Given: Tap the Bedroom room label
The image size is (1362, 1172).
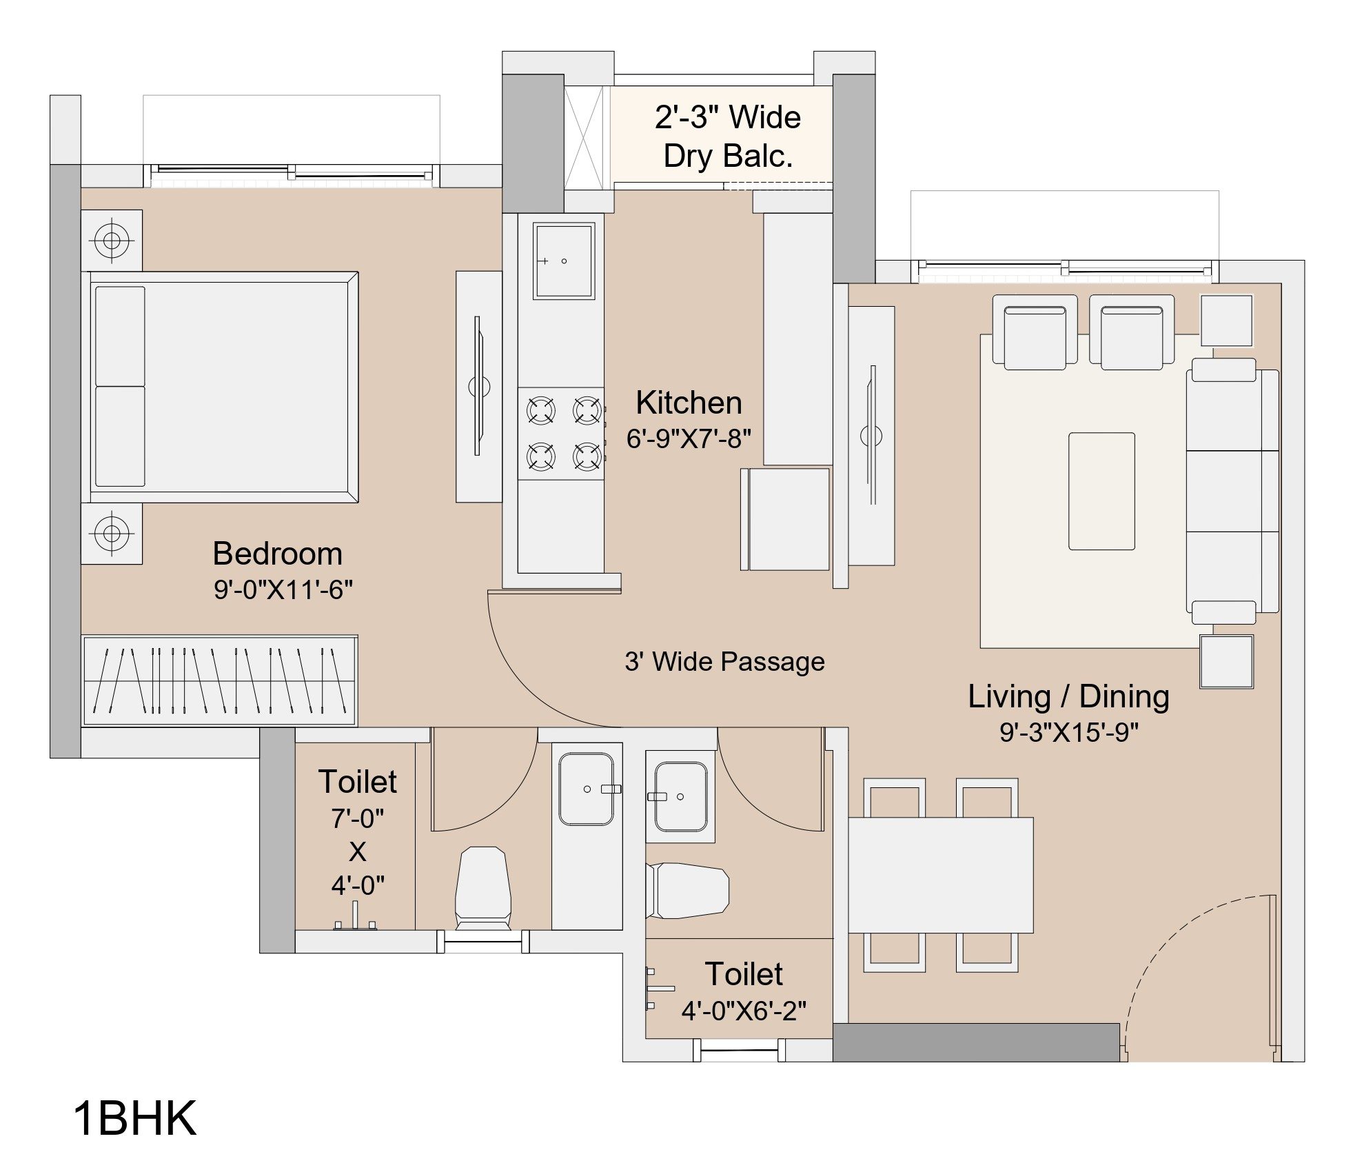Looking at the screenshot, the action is tap(277, 554).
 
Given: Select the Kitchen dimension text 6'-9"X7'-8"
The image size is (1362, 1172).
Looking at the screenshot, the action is tap(689, 438).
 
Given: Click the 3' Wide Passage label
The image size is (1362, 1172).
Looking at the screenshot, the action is tap(724, 662).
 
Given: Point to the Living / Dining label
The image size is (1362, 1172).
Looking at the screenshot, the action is tap(1068, 696).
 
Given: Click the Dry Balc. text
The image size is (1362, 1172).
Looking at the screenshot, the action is tap(728, 156).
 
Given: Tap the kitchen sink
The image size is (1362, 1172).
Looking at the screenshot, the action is tap(563, 261).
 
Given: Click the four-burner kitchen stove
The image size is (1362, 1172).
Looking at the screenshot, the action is tap(561, 434).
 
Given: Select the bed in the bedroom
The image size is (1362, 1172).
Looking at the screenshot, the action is tap(220, 387).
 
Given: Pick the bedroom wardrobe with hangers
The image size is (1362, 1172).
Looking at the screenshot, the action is tap(219, 680).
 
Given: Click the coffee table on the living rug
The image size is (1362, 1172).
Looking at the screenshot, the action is tap(1101, 491).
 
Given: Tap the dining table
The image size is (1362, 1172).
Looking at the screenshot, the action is tap(940, 875).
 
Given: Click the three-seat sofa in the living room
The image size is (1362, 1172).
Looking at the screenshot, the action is tap(1232, 491).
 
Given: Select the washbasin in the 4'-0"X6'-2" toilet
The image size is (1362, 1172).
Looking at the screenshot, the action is tap(680, 797).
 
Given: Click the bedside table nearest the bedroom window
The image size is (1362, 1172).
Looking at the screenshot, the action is tap(112, 241).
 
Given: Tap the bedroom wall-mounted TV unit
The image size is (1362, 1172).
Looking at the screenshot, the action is tap(478, 386).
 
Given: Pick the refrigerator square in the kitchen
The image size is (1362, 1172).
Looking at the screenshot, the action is tap(785, 519).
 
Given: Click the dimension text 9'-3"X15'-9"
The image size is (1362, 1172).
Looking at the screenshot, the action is tap(1069, 732).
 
